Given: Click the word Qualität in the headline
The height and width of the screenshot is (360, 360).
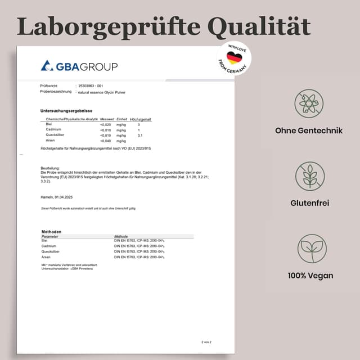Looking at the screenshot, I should point(259,26).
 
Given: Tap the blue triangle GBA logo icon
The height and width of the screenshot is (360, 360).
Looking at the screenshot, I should point(47,66).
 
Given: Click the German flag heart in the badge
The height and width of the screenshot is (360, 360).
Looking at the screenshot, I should point(234,58).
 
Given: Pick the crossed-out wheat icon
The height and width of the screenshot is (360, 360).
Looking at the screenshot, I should point(310,176).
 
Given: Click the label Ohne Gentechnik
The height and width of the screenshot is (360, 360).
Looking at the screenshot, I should point(309,130).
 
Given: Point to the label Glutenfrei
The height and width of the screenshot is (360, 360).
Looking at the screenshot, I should point(310,203).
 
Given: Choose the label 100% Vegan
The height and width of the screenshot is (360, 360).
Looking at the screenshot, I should point(310,276).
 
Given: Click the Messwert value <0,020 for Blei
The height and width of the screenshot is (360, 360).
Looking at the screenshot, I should point(105,124).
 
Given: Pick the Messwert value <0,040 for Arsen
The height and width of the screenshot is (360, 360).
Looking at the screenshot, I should point(105,141).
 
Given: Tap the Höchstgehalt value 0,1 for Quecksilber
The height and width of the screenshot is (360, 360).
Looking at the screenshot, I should point(140,136).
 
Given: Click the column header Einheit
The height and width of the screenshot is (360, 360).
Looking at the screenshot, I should point(121,119).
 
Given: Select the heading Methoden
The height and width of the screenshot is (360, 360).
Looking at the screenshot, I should point(52,232).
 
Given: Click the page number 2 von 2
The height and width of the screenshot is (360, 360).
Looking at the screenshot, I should point(206,342).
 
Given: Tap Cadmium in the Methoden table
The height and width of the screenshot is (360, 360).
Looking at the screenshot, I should point(49,246).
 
